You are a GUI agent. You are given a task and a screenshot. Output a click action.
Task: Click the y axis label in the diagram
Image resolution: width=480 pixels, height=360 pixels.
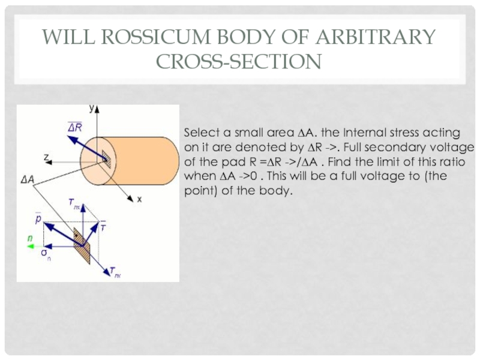[x=91, y=109]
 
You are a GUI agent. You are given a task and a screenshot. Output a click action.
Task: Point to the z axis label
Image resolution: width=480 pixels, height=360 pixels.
[x=45, y=158]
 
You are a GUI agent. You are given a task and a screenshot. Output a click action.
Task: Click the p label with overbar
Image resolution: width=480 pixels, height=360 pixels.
[x=38, y=220]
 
